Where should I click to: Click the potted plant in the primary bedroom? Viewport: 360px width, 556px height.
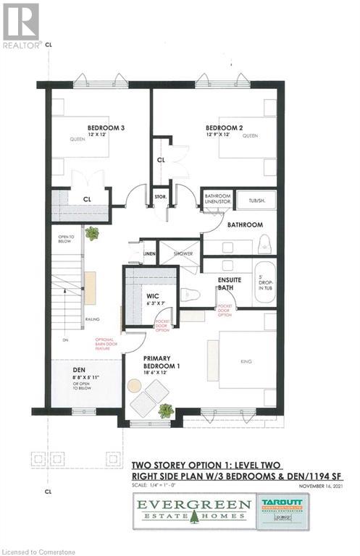coord(166,410)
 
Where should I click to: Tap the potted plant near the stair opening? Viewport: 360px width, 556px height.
coord(91,233)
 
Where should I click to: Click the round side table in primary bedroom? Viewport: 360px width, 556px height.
coord(135,386)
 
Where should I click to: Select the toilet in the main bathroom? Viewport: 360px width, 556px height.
coord(264,245)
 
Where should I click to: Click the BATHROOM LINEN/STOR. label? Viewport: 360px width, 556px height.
coord(217,198)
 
